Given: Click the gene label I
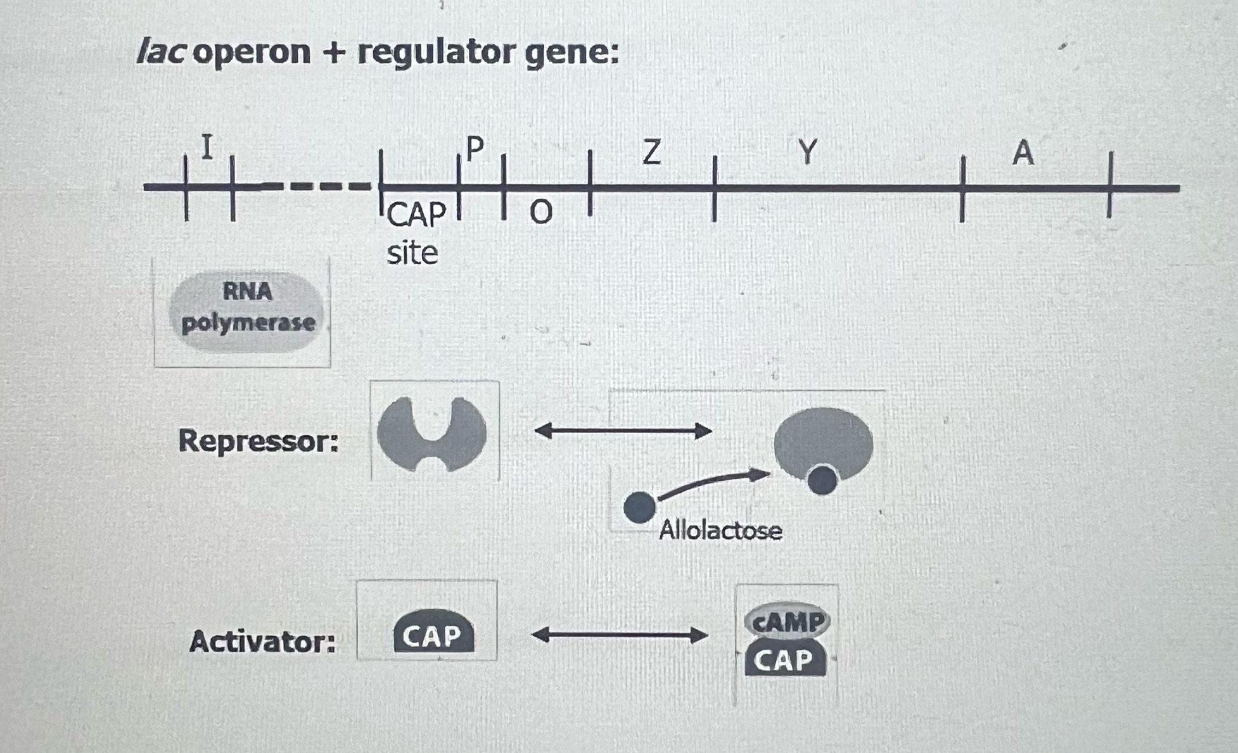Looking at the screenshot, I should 207,147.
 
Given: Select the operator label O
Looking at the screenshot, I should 540,213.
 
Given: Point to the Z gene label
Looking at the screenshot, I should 651,153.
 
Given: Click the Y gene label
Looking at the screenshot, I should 807,152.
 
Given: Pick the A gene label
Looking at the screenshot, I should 1023,153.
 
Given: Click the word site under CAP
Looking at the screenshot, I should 412,253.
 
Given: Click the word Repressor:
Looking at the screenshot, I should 258,441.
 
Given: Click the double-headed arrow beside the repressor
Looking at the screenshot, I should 623,431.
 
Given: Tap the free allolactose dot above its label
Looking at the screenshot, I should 639,507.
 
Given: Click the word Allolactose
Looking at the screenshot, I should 720,530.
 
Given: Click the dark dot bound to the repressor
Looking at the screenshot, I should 822,480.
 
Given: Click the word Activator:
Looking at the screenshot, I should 262,642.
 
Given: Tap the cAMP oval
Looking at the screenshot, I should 786,621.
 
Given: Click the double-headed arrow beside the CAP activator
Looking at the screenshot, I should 619,635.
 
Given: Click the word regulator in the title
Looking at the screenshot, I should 436,52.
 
